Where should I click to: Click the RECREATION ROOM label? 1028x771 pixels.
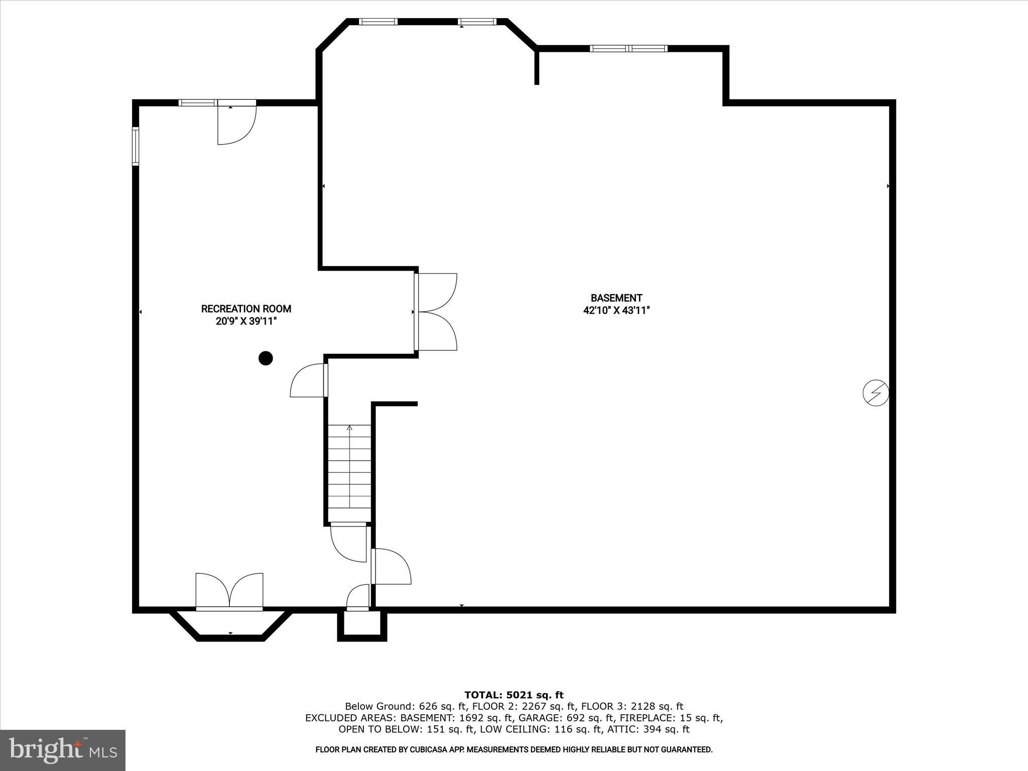click(246, 309)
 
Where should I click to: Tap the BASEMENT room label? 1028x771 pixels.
click(616, 298)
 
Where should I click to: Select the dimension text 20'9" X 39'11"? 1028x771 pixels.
click(246, 321)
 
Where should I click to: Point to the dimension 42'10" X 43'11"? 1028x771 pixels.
click(616, 311)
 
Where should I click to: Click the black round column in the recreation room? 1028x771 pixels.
click(266, 358)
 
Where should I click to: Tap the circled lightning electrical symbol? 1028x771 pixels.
click(875, 393)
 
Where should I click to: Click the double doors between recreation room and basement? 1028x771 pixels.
click(436, 312)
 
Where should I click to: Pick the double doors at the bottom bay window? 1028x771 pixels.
click(229, 591)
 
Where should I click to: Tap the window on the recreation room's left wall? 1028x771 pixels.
click(136, 146)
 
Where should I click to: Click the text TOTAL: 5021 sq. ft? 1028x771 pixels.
click(514, 695)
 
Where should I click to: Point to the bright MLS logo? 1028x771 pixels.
click(63, 750)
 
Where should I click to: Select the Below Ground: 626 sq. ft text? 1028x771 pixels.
click(389, 707)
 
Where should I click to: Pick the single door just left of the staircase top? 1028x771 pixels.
click(309, 380)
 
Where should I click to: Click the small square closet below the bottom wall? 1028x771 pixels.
click(362, 625)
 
